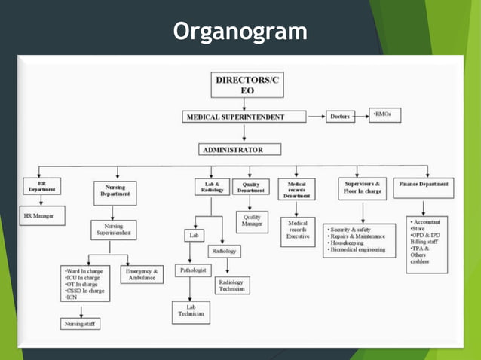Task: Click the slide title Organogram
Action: point(240,32)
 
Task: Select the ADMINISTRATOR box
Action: point(240,149)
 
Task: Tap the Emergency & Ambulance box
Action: point(142,274)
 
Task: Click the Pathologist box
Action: point(194,270)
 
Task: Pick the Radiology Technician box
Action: point(232,285)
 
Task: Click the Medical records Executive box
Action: point(298,230)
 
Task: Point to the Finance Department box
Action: point(424,183)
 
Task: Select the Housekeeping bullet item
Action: point(351,243)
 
